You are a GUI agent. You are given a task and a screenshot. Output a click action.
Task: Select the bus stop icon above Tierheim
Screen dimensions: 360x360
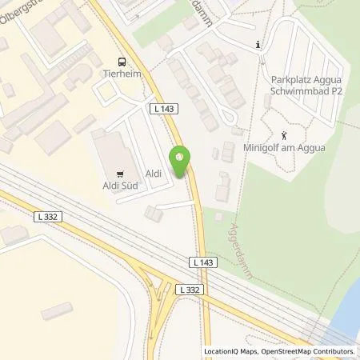coord(121,62)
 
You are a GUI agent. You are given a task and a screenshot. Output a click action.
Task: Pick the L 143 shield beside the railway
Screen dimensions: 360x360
coord(203,262)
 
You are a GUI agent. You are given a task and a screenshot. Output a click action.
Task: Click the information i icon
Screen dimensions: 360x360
coord(258,45)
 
